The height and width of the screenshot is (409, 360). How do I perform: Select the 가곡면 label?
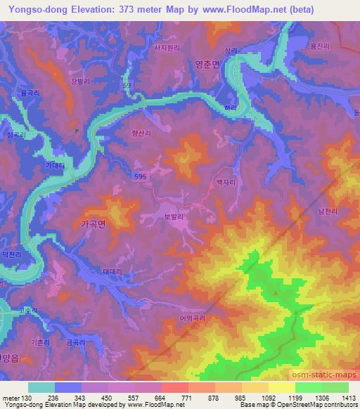point(89,225)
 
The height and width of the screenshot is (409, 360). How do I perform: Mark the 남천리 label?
point(328,209)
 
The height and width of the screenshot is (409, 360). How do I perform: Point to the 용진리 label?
point(319,44)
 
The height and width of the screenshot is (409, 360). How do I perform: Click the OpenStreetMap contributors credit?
point(316,405)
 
